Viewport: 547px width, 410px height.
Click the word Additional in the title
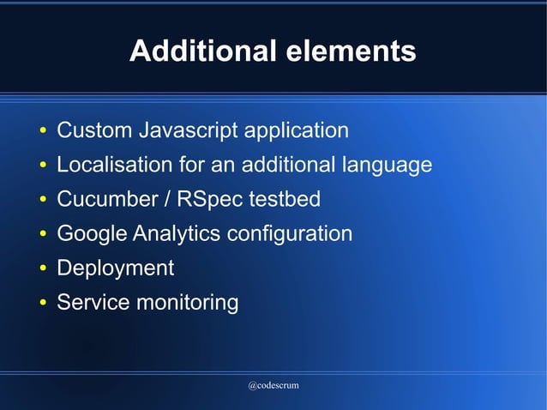(x=202, y=51)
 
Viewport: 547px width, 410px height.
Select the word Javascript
(x=188, y=131)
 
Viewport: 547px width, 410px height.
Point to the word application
(x=297, y=131)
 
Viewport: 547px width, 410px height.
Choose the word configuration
(x=295, y=233)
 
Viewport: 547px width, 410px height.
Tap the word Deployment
(x=115, y=268)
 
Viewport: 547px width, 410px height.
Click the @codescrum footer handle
(x=273, y=386)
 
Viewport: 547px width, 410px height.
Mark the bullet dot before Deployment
(x=42, y=269)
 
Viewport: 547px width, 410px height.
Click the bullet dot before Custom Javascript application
(x=42, y=133)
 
